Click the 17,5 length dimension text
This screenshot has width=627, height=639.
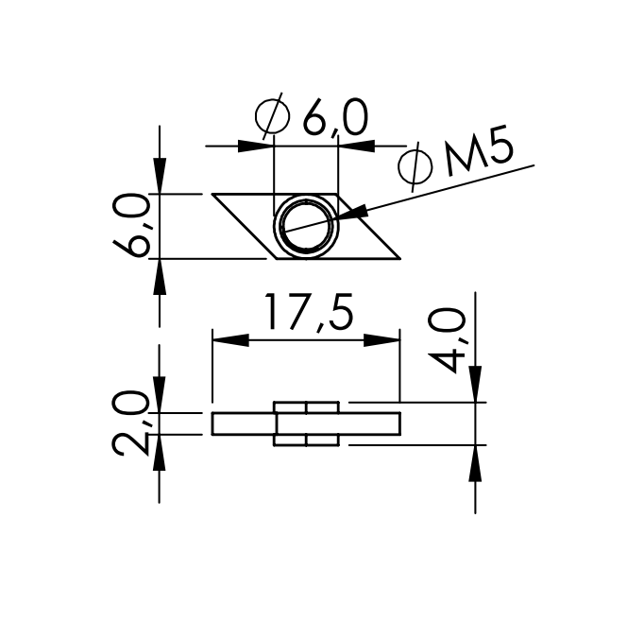(x=308, y=311)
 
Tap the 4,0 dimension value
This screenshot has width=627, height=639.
(x=447, y=340)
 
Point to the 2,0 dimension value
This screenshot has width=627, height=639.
(x=130, y=423)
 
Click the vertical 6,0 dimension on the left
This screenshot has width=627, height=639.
(x=130, y=225)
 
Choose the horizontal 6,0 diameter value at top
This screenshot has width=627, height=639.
(x=334, y=117)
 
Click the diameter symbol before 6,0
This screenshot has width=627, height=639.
(x=272, y=116)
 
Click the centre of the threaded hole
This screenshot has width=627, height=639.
(x=306, y=227)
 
